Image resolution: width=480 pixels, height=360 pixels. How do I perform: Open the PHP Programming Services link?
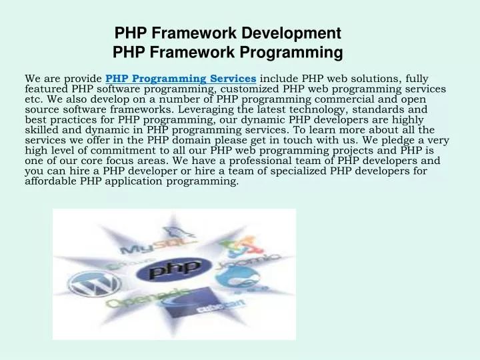point(181,79)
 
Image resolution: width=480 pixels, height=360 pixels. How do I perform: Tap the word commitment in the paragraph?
point(115,150)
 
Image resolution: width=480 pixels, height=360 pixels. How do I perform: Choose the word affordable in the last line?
point(51,181)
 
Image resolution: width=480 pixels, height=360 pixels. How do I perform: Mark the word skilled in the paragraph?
point(42,129)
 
